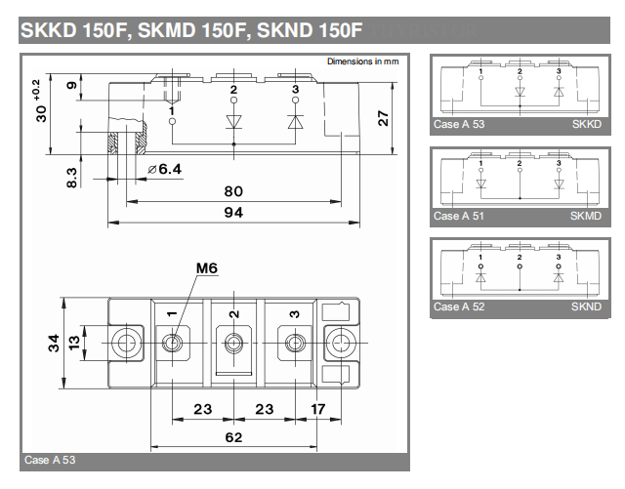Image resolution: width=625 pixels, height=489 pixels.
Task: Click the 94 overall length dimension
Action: (233, 212)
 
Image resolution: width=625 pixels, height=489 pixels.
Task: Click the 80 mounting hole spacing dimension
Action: (233, 191)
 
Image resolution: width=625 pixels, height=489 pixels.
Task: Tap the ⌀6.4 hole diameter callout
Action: (165, 170)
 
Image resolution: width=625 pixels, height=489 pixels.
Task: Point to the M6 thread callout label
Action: (207, 268)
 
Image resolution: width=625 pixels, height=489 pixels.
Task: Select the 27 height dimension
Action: (383, 118)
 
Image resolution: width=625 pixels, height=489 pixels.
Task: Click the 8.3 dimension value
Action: (71, 178)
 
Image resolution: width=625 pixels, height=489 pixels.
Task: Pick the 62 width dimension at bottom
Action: (233, 437)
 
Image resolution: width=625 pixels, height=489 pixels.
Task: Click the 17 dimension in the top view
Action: (318, 409)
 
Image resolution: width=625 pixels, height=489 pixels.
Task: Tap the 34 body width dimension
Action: (54, 344)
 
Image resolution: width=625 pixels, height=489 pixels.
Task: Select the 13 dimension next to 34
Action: (74, 344)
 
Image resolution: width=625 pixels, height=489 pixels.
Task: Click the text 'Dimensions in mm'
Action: (362, 61)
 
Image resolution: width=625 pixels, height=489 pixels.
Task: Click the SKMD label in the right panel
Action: (586, 216)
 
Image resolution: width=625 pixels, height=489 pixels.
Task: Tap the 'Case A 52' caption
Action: (459, 306)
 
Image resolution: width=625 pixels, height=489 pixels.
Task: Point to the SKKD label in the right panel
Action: (587, 124)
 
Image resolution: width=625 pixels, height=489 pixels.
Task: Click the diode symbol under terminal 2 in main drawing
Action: (233, 122)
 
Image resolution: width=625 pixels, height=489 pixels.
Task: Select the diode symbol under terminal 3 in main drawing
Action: (295, 122)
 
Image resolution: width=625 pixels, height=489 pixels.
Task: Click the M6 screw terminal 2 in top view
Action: (233, 344)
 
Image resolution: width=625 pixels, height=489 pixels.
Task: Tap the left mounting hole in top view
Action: (126, 344)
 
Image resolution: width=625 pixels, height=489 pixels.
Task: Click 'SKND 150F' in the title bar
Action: (310, 30)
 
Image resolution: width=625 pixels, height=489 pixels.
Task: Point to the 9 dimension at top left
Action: (71, 86)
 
